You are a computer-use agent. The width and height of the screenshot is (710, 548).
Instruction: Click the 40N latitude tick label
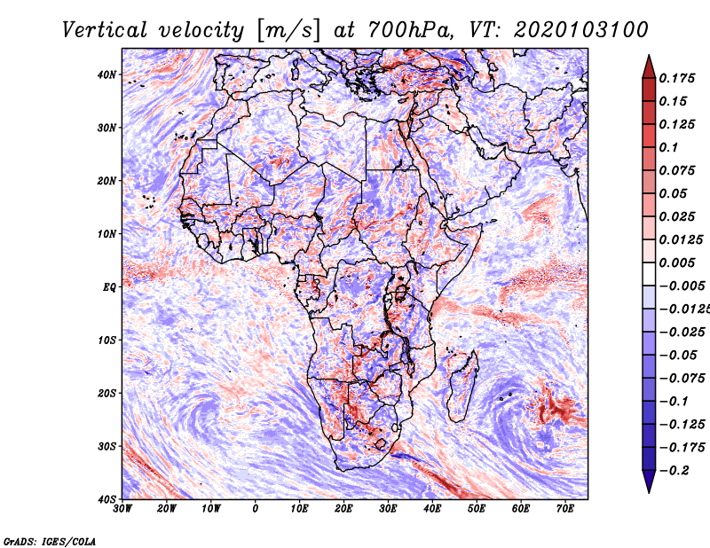(x=106, y=74)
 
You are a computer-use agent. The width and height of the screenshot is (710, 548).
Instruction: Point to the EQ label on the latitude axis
(x=109, y=287)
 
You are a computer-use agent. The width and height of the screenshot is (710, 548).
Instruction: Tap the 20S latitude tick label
(x=106, y=393)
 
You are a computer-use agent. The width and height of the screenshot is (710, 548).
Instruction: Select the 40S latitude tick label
(x=106, y=499)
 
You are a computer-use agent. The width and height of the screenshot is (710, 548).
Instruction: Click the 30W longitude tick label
(x=122, y=509)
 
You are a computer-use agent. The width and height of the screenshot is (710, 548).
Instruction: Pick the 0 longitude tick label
(x=256, y=509)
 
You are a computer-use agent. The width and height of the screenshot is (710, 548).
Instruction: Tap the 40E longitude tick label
(x=432, y=509)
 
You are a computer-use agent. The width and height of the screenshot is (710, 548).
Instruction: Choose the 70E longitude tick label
(x=564, y=509)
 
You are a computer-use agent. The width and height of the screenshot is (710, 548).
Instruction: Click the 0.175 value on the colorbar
(x=676, y=79)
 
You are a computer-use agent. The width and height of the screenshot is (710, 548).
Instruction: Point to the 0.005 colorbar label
(x=676, y=262)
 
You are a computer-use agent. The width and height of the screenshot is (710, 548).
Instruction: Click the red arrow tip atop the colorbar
(x=649, y=56)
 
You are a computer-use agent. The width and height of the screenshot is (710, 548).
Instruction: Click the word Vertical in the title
(x=105, y=30)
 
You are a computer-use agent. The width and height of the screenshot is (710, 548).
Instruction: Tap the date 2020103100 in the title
(x=581, y=30)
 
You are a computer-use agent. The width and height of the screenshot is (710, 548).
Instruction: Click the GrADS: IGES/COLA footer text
(x=50, y=542)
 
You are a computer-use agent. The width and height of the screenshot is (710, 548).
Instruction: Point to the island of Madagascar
(x=462, y=386)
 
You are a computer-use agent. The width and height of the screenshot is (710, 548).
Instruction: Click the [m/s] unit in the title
(x=288, y=31)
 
